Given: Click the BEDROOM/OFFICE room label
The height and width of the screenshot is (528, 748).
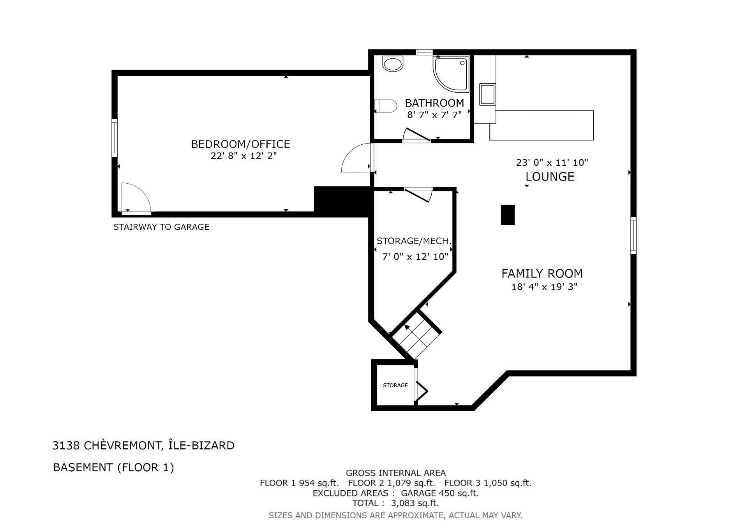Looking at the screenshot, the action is (240, 144).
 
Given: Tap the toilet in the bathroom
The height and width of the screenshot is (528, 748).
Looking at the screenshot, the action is (385, 106).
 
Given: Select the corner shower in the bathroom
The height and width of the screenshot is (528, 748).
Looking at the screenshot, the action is (451, 74).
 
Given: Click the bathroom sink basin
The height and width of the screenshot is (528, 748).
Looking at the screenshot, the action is (393, 64).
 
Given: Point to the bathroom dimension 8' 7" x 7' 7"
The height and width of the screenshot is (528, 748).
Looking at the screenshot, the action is (434, 115).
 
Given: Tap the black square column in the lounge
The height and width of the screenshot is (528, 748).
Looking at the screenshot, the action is (508, 215).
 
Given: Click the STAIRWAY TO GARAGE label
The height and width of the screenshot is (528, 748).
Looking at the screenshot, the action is (161, 227).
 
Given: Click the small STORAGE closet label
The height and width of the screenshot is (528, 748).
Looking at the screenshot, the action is (395, 385).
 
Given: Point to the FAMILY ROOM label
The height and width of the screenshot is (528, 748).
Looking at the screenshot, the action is (542, 274).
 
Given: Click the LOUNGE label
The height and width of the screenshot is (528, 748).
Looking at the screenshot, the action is (550, 177).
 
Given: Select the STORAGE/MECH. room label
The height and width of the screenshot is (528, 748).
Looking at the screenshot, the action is (414, 241).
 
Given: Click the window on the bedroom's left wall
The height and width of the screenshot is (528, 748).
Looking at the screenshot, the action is (115, 138).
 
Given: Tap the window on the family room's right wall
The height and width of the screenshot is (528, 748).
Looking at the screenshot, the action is (633, 235).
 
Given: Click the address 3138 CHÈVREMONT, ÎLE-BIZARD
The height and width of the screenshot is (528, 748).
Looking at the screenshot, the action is (143, 446).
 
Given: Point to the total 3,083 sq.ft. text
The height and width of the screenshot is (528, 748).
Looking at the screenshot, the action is (395, 503).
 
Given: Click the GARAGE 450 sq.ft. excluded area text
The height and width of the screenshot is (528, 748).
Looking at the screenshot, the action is (440, 493).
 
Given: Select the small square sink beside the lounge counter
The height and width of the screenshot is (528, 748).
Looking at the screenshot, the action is (487, 94).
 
